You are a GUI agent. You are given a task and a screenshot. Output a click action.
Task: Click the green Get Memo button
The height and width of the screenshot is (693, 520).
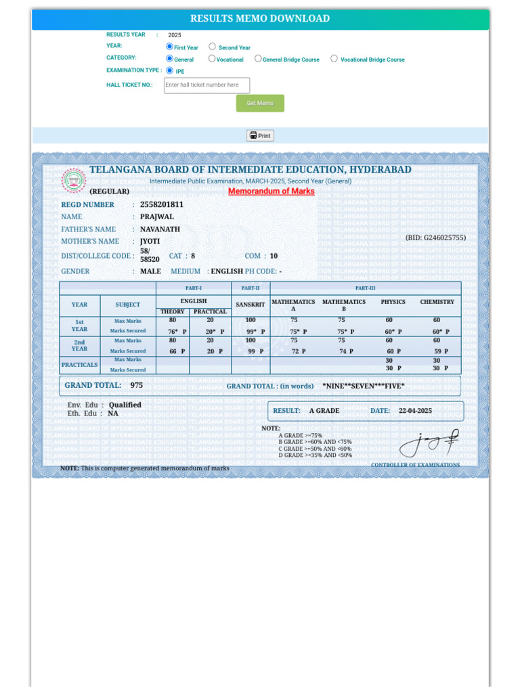pyautogui.click(x=260, y=103)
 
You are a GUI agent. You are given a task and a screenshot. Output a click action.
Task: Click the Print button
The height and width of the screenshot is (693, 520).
pyautogui.click(x=260, y=135)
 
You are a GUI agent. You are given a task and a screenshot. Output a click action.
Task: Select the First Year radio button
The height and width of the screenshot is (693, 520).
pyautogui.click(x=170, y=47)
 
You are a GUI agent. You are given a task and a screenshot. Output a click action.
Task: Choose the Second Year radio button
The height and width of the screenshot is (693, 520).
pyautogui.click(x=213, y=47)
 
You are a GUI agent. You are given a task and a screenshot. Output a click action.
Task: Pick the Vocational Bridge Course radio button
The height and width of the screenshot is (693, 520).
pyautogui.click(x=334, y=58)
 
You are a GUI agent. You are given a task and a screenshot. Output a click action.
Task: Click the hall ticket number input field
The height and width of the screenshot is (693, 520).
pyautogui.click(x=207, y=85)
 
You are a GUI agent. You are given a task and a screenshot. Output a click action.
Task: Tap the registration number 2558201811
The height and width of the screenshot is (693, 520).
pyautogui.click(x=161, y=204)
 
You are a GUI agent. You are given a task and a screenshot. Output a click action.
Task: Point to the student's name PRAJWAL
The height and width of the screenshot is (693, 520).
pyautogui.click(x=156, y=217)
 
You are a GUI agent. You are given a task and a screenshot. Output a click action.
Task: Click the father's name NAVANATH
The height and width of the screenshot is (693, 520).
pyautogui.click(x=160, y=229)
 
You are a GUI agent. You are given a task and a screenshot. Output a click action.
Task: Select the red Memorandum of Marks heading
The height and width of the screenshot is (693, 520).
pyautogui.click(x=271, y=191)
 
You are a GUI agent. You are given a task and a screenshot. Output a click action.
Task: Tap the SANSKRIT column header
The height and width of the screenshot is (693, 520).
pyautogui.click(x=251, y=305)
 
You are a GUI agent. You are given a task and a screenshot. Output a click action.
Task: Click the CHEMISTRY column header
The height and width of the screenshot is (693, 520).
pyautogui.click(x=437, y=302)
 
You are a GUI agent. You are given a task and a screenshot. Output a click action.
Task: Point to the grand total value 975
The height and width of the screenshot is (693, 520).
pyautogui.click(x=137, y=385)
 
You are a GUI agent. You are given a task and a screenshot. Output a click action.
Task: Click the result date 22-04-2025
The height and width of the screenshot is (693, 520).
pyautogui.click(x=415, y=411)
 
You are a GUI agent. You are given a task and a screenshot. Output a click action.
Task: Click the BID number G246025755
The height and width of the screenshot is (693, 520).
pyautogui.click(x=435, y=238)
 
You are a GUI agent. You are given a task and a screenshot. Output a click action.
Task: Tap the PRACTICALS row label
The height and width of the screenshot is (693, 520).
pyautogui.click(x=79, y=365)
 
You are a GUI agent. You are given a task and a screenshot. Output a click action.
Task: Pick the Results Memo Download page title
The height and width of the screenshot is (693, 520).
pyautogui.click(x=260, y=19)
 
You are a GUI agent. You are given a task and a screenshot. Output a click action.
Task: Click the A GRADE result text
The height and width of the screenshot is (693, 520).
pyautogui.click(x=324, y=411)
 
